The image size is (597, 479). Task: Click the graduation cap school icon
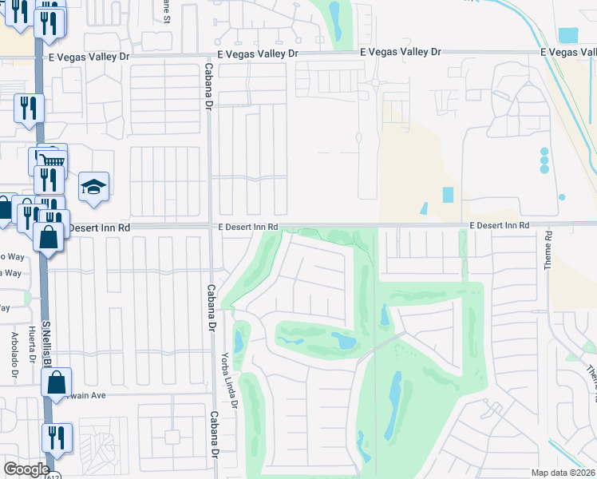coord(93,188)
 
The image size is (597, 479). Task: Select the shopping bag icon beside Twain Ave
coord(58,383)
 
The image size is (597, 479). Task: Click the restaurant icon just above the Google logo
coord(57,437)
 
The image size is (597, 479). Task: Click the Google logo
coord(26,469)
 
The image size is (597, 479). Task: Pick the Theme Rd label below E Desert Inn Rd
coord(549,251)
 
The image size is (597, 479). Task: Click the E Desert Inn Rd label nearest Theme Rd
coord(499,226)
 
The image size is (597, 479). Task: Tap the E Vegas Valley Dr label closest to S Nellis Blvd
coord(100,56)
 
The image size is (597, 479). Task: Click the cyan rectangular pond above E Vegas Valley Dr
coord(567,35)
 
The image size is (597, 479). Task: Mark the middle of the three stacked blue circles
coord(544,160)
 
